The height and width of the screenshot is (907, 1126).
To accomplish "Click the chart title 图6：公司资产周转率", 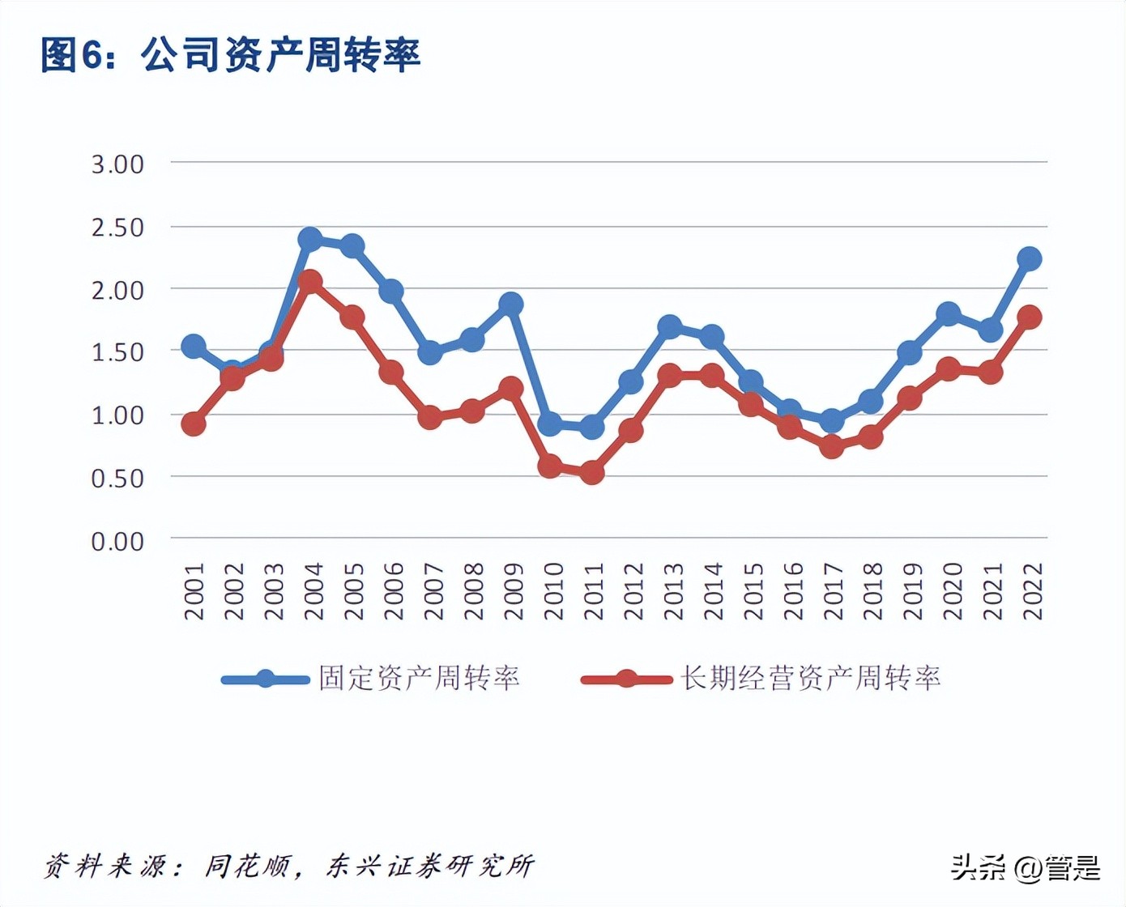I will tap(231, 55).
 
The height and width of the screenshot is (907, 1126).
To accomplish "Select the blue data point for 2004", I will tap(310, 239).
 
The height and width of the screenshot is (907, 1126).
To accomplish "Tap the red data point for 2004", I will tap(310, 282).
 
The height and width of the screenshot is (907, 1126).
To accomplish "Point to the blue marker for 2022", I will tap(1029, 259).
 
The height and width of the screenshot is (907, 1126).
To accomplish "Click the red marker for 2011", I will tap(591, 472).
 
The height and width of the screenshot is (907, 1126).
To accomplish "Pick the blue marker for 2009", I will tap(510, 304).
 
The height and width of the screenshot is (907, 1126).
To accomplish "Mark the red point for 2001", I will tap(193, 424).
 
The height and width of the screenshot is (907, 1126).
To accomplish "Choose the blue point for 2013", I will tap(670, 327).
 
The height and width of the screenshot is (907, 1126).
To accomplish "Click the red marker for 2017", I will tap(831, 446).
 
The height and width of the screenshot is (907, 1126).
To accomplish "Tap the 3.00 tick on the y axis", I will tap(117, 164).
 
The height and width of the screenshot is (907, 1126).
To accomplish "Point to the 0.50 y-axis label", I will tap(117, 478).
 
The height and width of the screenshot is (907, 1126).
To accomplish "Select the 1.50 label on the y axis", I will tap(117, 352).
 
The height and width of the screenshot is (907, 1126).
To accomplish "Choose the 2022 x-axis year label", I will tap(1033, 592).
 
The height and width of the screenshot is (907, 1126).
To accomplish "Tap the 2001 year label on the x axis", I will tap(194, 592).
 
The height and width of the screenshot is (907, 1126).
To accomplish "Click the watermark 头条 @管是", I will tap(1026, 868).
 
